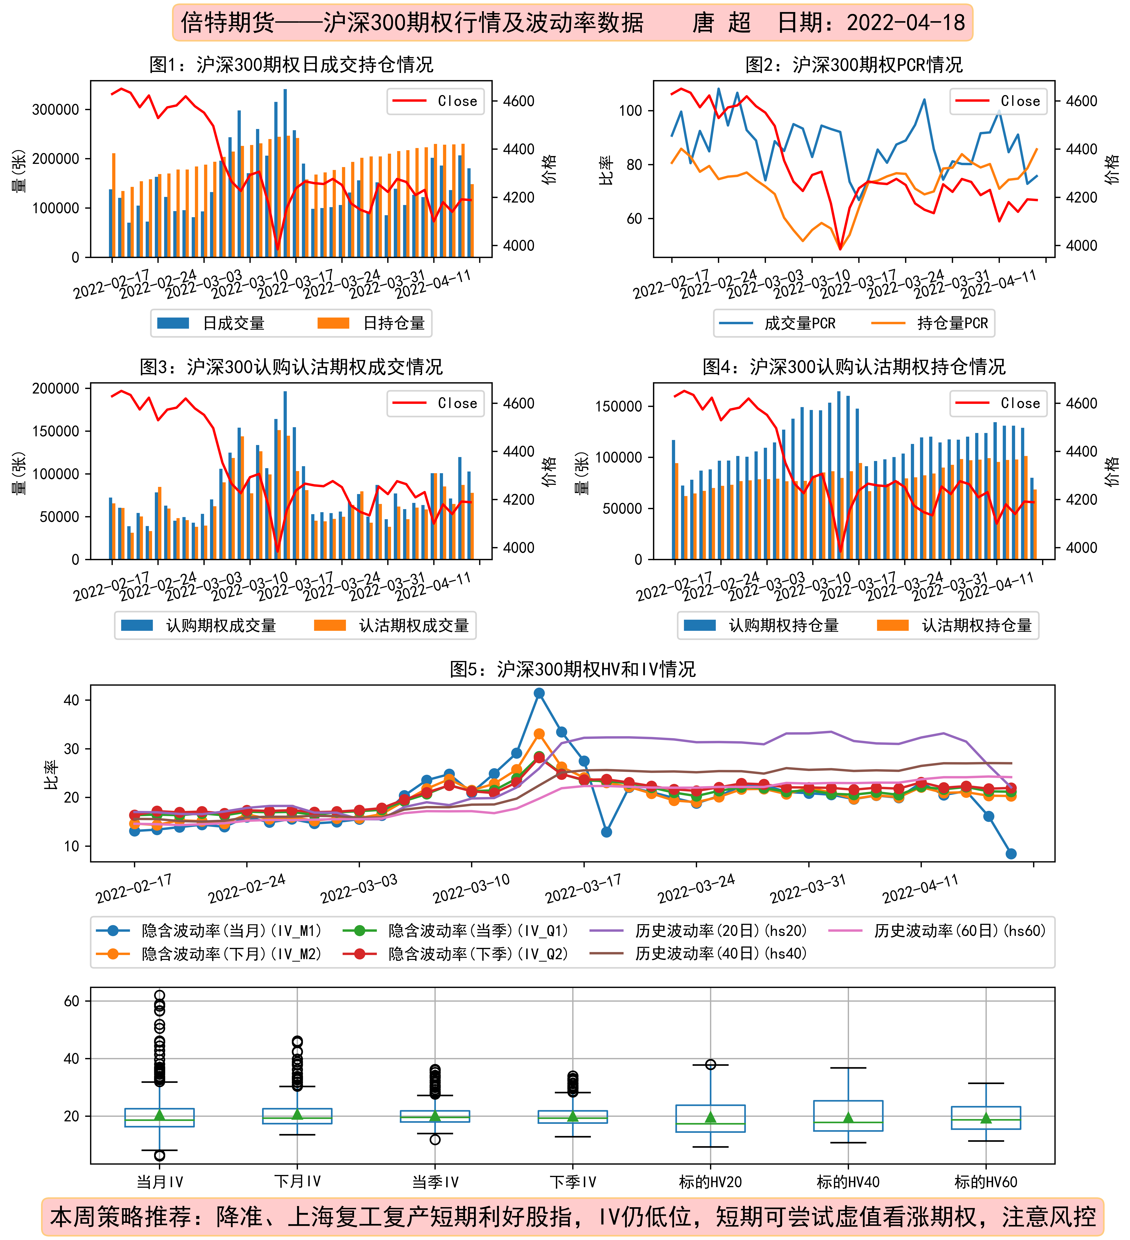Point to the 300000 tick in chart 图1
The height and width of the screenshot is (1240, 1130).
(55, 110)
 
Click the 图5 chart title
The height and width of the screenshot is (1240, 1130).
(572, 669)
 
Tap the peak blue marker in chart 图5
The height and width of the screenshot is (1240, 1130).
(539, 693)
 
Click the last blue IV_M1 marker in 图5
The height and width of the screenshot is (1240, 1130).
(1011, 854)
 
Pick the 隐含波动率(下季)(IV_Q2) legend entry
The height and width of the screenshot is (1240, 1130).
(456, 954)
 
